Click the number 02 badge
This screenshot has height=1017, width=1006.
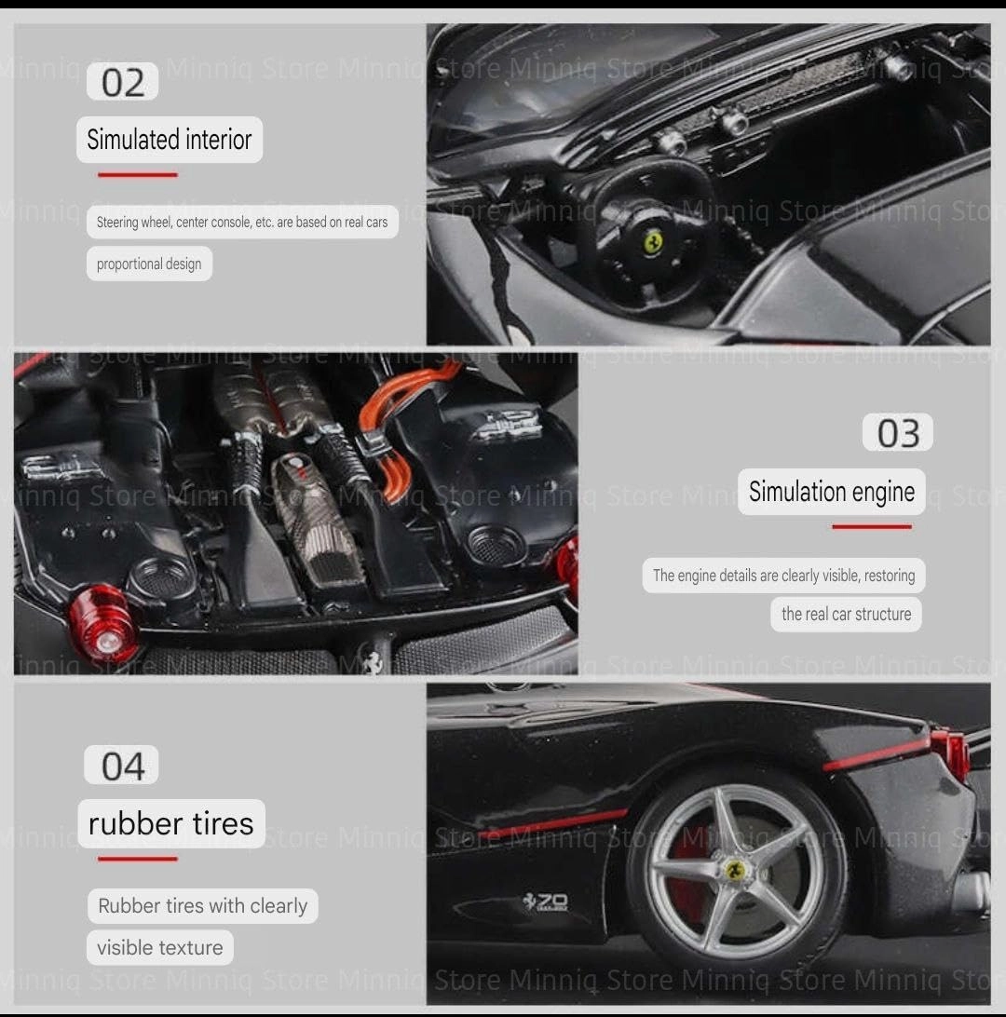tap(123, 82)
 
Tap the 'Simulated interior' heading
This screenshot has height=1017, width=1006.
tap(170, 140)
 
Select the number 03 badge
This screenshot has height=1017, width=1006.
tap(898, 432)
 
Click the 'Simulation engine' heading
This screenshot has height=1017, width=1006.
tap(832, 492)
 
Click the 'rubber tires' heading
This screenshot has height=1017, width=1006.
tap(171, 823)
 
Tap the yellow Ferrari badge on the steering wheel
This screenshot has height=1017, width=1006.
tap(653, 242)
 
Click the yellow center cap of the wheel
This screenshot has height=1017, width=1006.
tap(735, 870)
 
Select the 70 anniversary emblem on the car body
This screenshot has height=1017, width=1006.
tap(546, 901)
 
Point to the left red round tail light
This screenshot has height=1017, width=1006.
tap(102, 621)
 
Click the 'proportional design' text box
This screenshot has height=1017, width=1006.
tap(149, 264)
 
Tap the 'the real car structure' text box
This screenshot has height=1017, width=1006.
tap(846, 615)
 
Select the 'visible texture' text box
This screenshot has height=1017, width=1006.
tap(159, 947)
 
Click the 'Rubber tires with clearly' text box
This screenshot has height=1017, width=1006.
tap(202, 906)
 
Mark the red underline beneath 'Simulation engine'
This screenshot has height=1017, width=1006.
tap(872, 527)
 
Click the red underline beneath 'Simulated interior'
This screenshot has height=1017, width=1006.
tap(138, 174)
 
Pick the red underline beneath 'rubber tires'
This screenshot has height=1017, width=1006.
tap(138, 859)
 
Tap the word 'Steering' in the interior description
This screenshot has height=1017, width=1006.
tap(117, 223)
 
